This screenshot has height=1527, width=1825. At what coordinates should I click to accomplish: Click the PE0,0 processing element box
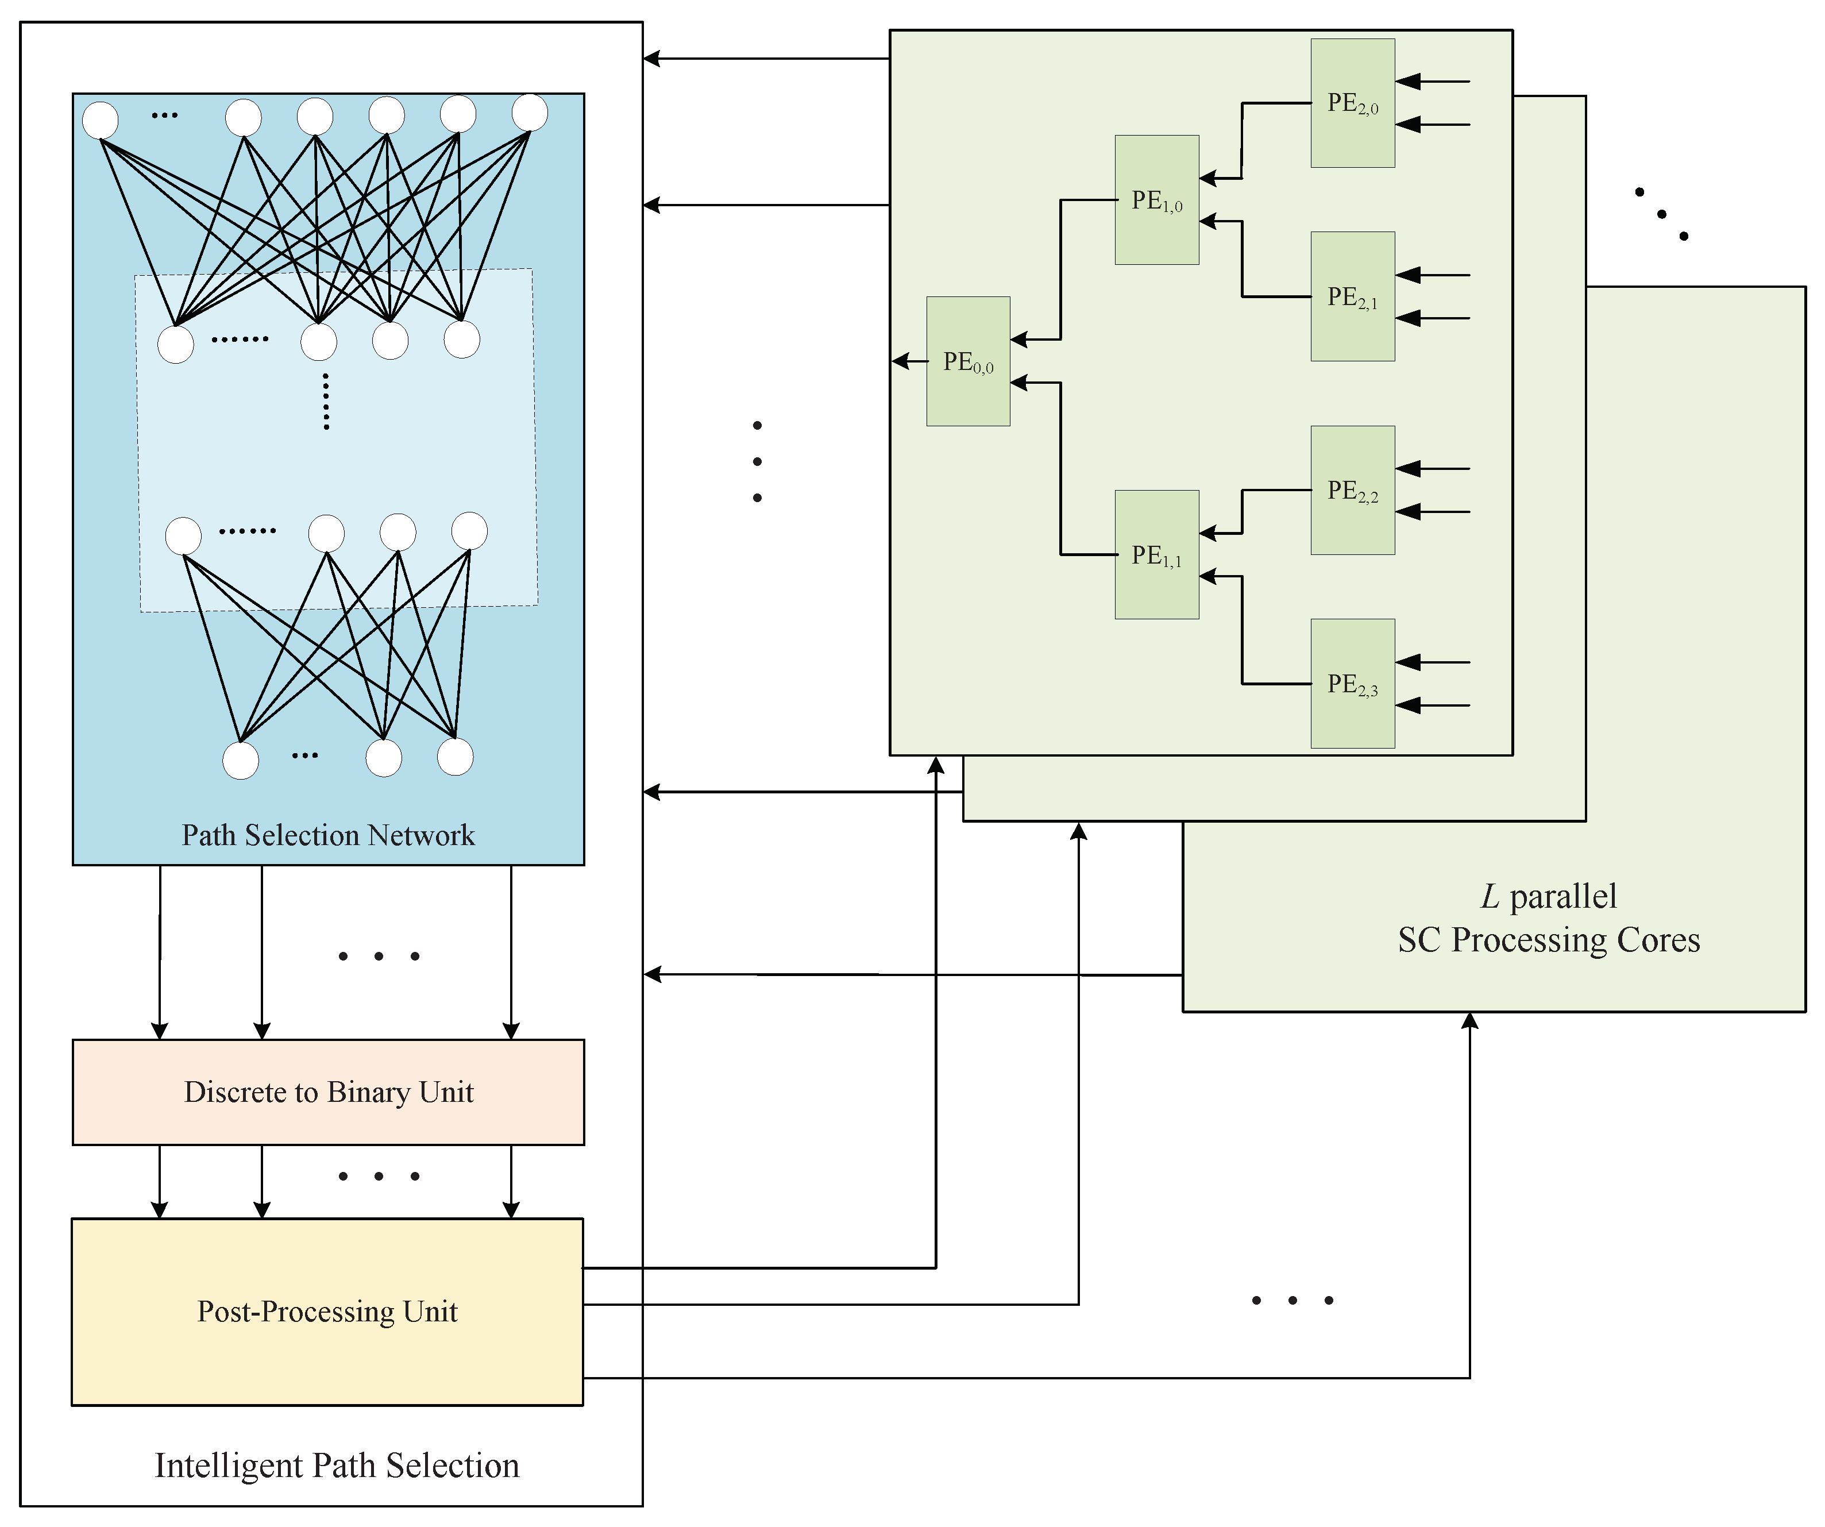(968, 361)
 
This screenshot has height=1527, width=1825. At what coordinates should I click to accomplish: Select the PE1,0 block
(1157, 200)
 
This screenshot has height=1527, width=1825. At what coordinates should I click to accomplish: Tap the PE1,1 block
(1157, 554)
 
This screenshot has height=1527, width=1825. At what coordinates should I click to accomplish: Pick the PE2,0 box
(1352, 103)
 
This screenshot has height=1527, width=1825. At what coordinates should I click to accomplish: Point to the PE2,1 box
(1352, 296)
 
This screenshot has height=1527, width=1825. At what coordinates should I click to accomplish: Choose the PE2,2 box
(1352, 490)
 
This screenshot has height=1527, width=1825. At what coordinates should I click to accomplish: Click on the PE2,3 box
(1352, 684)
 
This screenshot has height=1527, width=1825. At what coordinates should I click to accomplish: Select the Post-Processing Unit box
(327, 1312)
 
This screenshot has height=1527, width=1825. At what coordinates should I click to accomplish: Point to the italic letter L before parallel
(1490, 897)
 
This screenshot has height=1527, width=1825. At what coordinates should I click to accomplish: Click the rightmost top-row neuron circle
(529, 113)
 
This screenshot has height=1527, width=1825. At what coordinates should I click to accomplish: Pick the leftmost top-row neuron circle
(101, 120)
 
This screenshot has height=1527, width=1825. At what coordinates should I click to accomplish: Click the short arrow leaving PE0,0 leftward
(909, 361)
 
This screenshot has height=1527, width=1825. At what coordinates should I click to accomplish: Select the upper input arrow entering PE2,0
(1432, 82)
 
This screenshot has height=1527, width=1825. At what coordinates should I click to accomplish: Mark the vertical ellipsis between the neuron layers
(326, 402)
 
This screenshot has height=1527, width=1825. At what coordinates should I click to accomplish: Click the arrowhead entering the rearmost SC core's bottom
(1469, 1022)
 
